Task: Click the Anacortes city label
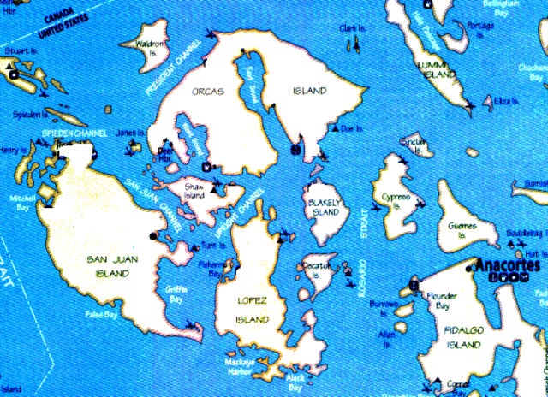point(506,264)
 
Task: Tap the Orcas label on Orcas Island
point(209,91)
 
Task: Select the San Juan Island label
point(108,265)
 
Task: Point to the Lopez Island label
point(254,311)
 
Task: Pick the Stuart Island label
point(21,53)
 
